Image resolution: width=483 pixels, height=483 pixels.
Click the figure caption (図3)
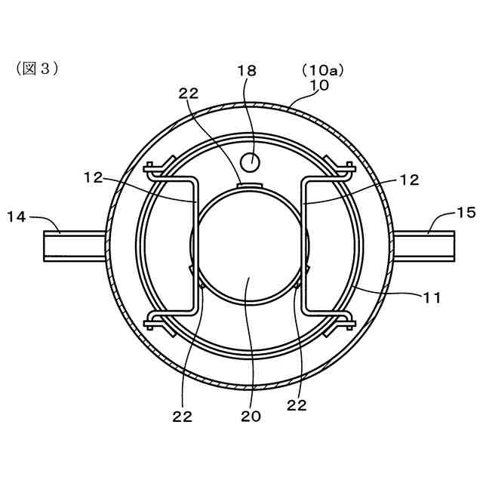click(x=37, y=69)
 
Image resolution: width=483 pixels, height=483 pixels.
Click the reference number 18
click(x=247, y=70)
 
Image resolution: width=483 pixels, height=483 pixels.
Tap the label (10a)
click(x=322, y=70)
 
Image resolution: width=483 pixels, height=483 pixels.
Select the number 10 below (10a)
click(x=319, y=85)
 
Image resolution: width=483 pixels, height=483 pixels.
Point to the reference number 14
click(x=17, y=217)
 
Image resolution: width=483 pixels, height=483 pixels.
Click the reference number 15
click(x=466, y=213)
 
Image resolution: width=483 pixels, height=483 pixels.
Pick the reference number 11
click(x=432, y=298)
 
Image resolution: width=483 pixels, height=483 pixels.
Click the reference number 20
click(x=251, y=416)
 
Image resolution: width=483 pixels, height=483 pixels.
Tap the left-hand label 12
click(x=93, y=178)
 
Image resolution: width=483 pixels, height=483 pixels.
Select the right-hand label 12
click(x=410, y=180)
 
